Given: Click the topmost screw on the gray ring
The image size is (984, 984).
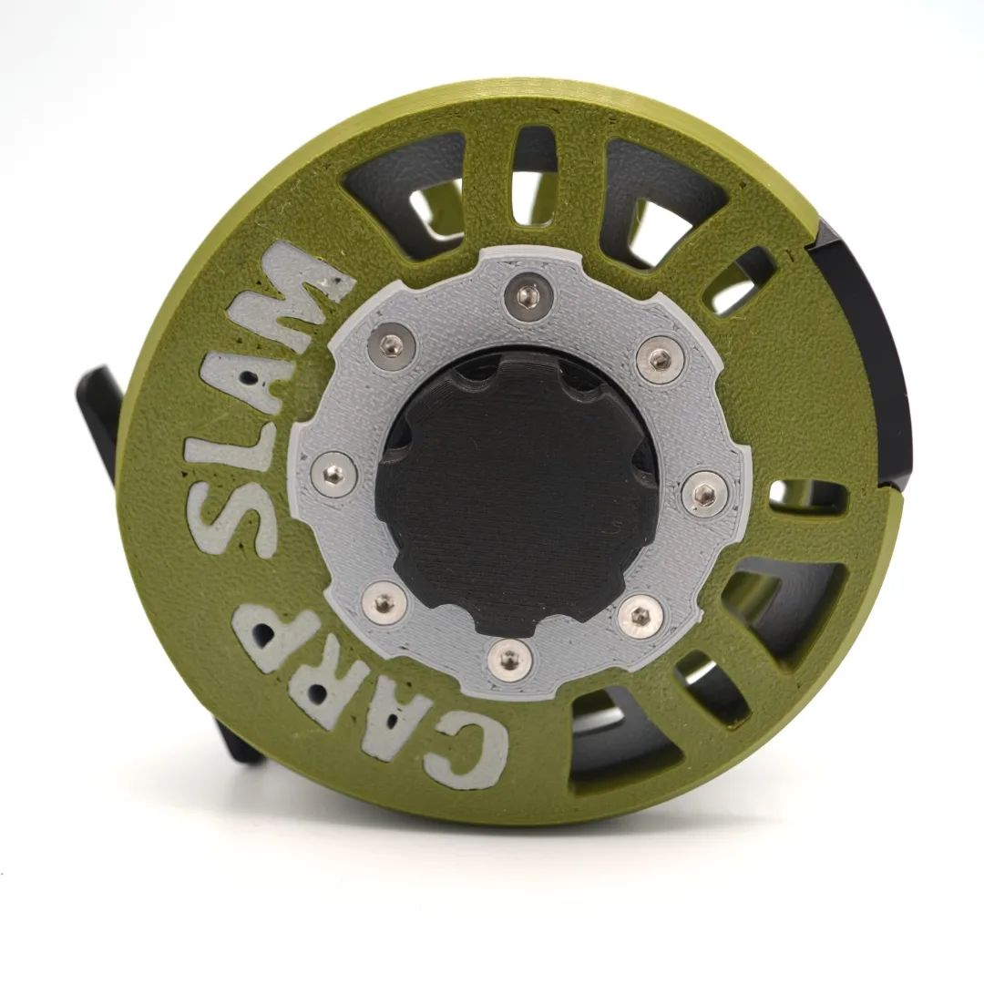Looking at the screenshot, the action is point(526,292).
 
